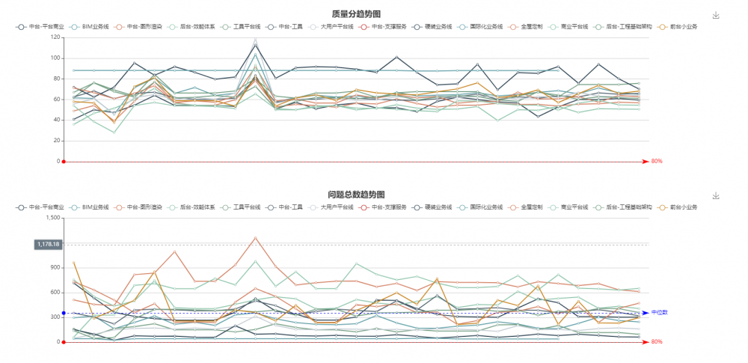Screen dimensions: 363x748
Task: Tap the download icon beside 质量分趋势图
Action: point(716,15)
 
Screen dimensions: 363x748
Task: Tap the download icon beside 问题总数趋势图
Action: point(716,195)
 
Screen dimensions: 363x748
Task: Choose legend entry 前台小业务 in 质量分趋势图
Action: point(682,26)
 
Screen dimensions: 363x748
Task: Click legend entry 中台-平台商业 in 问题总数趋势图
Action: point(44,207)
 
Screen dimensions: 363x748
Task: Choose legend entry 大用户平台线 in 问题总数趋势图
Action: point(336,207)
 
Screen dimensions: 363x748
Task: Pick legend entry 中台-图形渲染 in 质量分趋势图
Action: point(142,26)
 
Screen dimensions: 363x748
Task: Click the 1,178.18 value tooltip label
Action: point(47,244)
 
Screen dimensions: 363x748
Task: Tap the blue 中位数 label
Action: point(658,313)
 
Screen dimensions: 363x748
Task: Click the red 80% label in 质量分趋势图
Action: point(657,161)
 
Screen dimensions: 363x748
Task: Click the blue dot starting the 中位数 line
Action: point(64,313)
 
